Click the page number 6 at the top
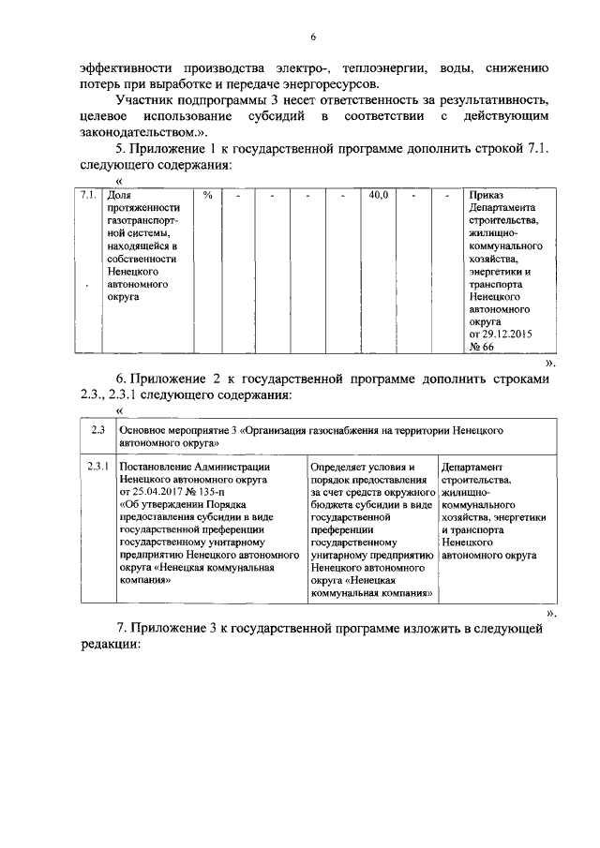point(315,36)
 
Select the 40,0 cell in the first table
point(378,195)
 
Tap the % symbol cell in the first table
point(207,195)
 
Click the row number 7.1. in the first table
point(88,195)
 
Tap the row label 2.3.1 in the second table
point(97,466)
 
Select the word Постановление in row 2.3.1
point(160,466)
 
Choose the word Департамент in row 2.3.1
point(472,466)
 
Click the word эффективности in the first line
point(122,69)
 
